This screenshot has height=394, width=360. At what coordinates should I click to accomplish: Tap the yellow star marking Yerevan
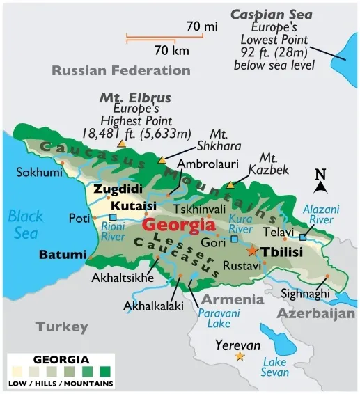[240, 356]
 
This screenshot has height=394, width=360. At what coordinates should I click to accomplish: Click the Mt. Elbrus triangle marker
[122, 143]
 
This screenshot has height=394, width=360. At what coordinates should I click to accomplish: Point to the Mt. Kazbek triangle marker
[230, 185]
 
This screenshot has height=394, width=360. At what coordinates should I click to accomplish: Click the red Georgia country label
[178, 225]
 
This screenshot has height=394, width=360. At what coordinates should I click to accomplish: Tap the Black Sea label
[26, 223]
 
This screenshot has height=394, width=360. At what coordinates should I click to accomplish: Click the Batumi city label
[62, 255]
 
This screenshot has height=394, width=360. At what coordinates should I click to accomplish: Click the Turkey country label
[62, 326]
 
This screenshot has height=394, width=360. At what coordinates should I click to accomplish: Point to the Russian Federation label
[121, 70]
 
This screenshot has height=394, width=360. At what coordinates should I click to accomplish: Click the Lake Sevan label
[275, 367]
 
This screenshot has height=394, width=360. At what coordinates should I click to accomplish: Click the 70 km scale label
[171, 50]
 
